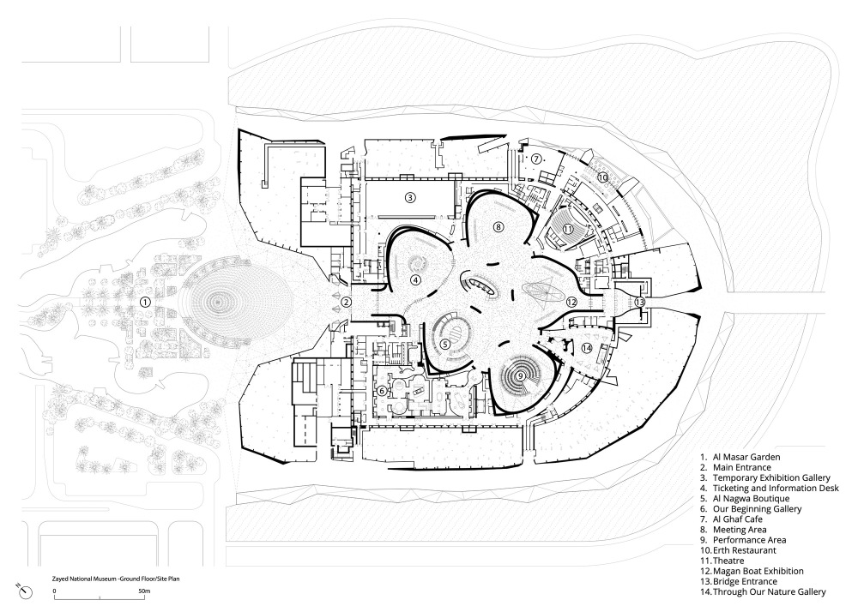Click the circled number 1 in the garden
click(146, 302)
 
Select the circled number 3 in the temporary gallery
click(411, 198)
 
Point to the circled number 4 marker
click(415, 279)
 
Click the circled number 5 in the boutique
click(444, 344)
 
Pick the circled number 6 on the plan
click(381, 391)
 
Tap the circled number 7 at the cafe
click(535, 159)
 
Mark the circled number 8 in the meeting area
click(498, 226)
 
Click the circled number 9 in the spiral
click(520, 374)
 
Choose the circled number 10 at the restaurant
click(603, 177)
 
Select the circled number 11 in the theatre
click(568, 229)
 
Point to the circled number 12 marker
click(571, 301)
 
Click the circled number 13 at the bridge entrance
click(640, 302)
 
